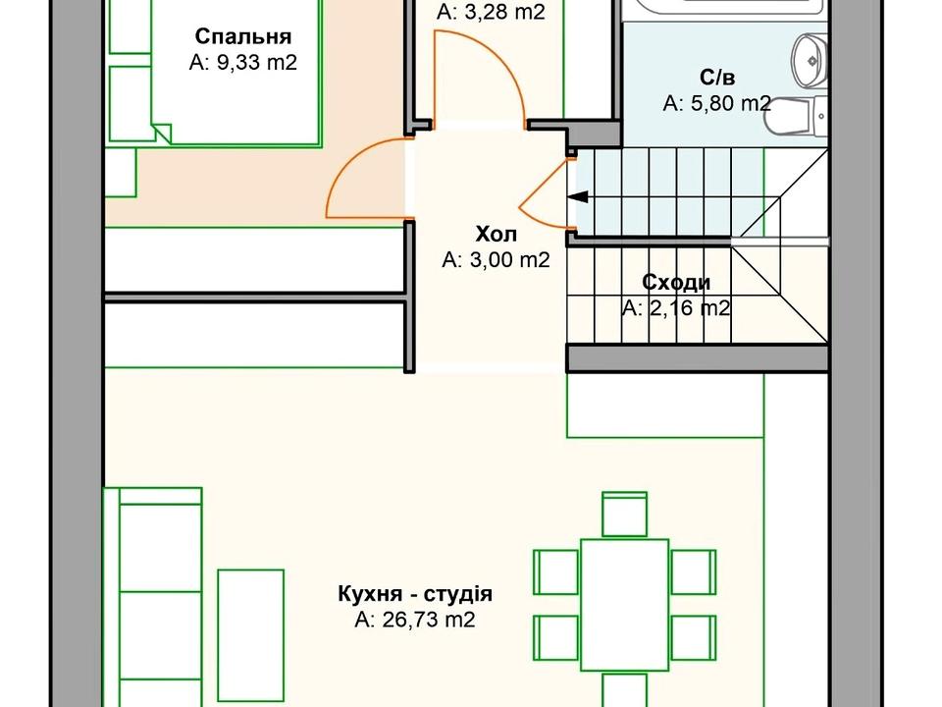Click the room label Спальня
point(243,37)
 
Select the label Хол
point(496,235)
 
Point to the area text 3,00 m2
point(496,260)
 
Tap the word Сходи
point(676,283)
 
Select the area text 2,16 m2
point(676,308)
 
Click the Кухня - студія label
point(414,594)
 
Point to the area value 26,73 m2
point(414,620)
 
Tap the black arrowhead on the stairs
point(577,196)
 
